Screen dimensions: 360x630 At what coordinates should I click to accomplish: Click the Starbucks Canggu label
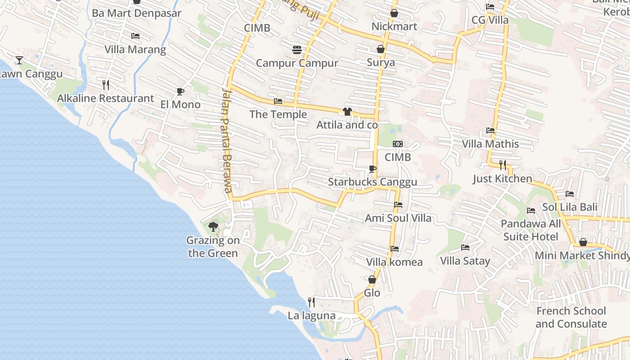pos(372,182)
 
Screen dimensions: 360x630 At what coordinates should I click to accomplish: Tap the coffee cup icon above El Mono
pos(180,92)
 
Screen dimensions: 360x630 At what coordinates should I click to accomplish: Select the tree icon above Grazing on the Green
pos(213,226)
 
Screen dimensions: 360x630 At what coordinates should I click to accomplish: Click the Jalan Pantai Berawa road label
pos(226,139)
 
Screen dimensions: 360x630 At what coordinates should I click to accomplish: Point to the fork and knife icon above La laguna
pos(311,302)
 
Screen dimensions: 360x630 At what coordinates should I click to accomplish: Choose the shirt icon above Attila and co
pos(347,112)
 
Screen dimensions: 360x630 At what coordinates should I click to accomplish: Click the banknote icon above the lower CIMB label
pos(397,144)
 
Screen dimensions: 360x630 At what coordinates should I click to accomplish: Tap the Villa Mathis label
pos(490,144)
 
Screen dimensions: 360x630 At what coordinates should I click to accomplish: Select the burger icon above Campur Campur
pos(297,50)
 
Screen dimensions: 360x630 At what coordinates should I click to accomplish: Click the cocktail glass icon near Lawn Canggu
pos(19,60)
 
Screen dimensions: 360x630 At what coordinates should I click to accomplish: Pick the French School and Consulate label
pos(571,317)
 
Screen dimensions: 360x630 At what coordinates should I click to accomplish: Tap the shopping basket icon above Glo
pos(372,280)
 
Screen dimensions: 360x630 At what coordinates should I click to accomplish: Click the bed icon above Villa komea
pos(395,248)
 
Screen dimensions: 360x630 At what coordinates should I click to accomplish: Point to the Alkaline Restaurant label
pos(105,98)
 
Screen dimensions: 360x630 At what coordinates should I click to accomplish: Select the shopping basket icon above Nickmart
pos(394,13)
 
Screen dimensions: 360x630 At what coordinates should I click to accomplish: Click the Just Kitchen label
pos(502,179)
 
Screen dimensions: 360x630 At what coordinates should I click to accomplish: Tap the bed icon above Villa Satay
pos(465,247)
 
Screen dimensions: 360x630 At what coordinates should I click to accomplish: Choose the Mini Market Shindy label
pos(582,256)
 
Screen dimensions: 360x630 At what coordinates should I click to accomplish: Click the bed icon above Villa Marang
pos(135,36)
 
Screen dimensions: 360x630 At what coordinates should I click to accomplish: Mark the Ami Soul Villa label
pos(398,218)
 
